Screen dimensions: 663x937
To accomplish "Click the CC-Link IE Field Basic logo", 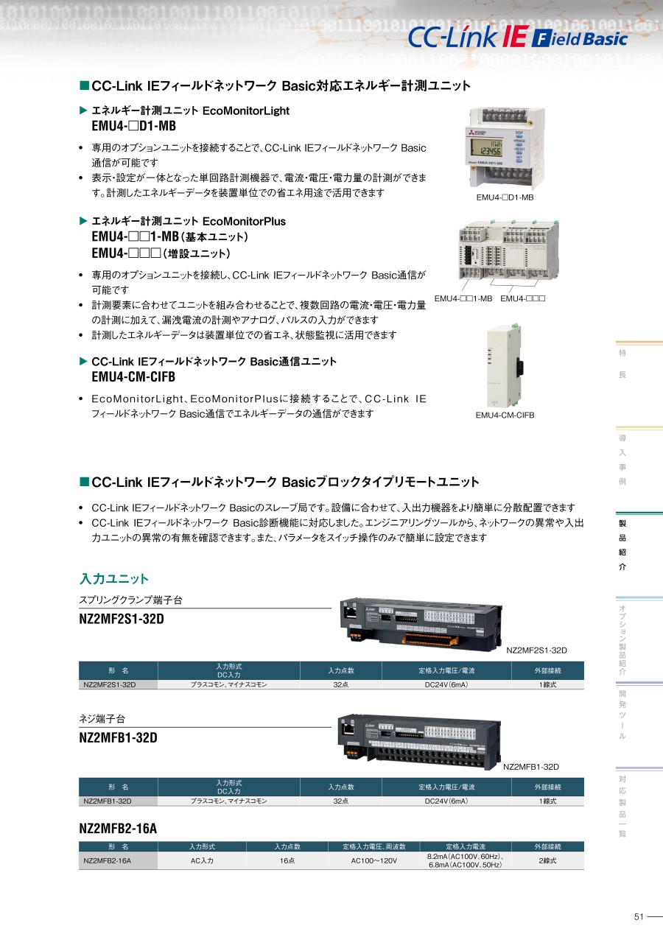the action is [x=518, y=38].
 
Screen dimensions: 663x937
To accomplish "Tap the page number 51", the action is [x=639, y=916].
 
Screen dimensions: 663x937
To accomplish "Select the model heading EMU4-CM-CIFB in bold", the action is [x=133, y=377].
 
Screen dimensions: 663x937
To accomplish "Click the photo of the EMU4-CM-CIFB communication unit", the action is [x=505, y=365].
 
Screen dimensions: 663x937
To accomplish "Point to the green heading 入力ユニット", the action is [x=113, y=578].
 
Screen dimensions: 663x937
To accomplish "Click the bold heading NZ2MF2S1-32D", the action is [x=122, y=619].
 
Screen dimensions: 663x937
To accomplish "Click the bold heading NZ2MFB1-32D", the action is [x=118, y=737].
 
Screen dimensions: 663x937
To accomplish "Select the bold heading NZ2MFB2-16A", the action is [x=118, y=828].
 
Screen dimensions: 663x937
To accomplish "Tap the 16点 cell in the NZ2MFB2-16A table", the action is [x=287, y=860].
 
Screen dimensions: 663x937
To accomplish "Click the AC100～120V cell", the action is [x=374, y=860].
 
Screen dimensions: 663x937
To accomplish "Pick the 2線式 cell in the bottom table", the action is [x=547, y=860].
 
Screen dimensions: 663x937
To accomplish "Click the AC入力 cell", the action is [x=202, y=860].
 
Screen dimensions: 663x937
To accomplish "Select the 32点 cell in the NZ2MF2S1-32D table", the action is [x=341, y=684].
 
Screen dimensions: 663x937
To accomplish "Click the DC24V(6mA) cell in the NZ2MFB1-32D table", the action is [x=446, y=801].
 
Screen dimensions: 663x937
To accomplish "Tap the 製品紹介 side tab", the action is [x=622, y=544].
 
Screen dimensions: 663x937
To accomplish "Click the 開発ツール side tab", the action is [x=622, y=715].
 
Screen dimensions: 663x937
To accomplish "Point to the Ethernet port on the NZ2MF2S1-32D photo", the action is [x=350, y=612].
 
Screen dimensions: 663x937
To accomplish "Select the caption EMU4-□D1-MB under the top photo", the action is [x=505, y=197].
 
